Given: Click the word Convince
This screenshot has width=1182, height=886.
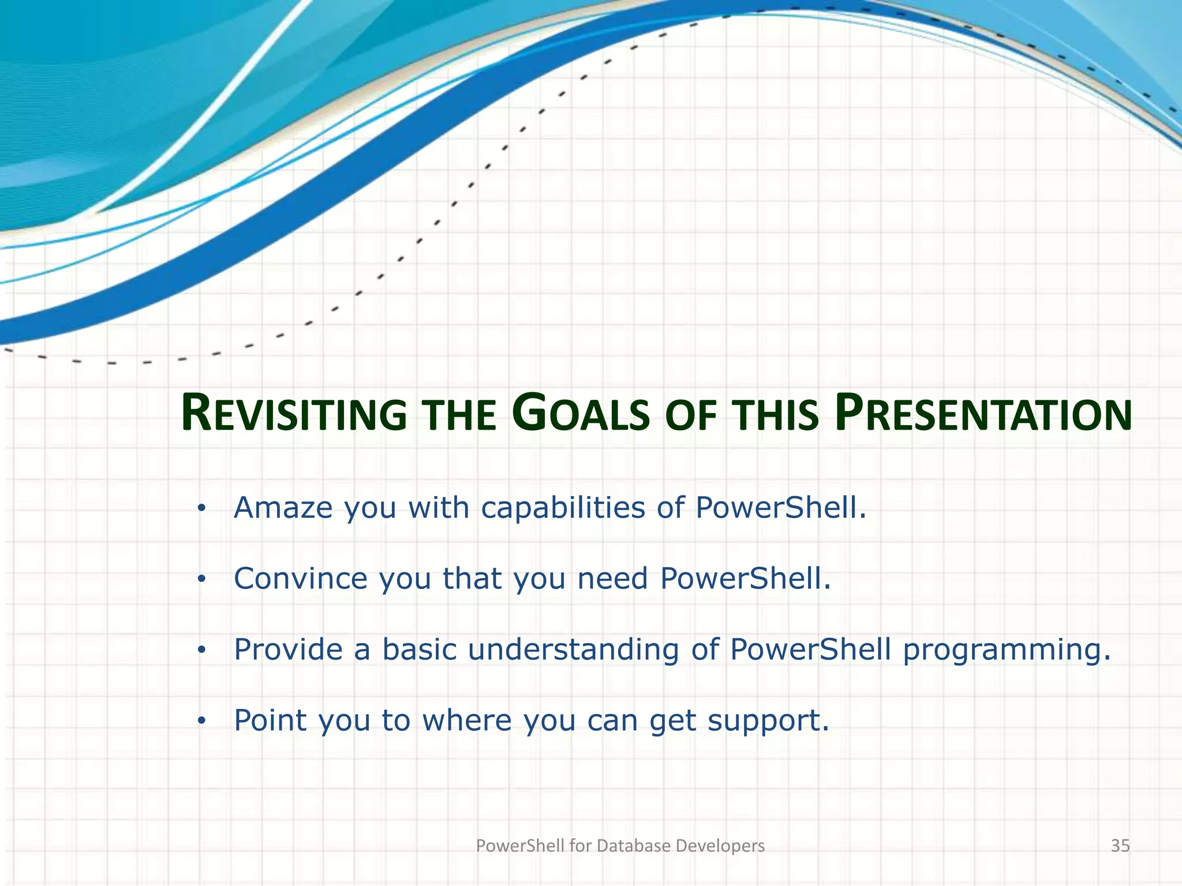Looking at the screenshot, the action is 300,579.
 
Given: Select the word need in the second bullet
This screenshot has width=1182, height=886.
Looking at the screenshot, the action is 613,579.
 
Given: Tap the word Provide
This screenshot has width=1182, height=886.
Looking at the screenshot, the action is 288,650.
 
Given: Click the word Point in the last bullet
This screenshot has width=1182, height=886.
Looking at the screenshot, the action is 270,720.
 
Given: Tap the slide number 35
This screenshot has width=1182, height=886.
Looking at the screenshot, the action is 1120,846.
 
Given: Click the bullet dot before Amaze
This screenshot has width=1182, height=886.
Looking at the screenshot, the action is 201,509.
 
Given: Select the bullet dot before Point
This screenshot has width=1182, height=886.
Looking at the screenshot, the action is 201,722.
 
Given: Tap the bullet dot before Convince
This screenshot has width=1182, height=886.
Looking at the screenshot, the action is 201,580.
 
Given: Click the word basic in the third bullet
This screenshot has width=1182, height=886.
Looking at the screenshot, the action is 420,650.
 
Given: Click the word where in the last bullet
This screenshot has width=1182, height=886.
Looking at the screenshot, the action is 467,720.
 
